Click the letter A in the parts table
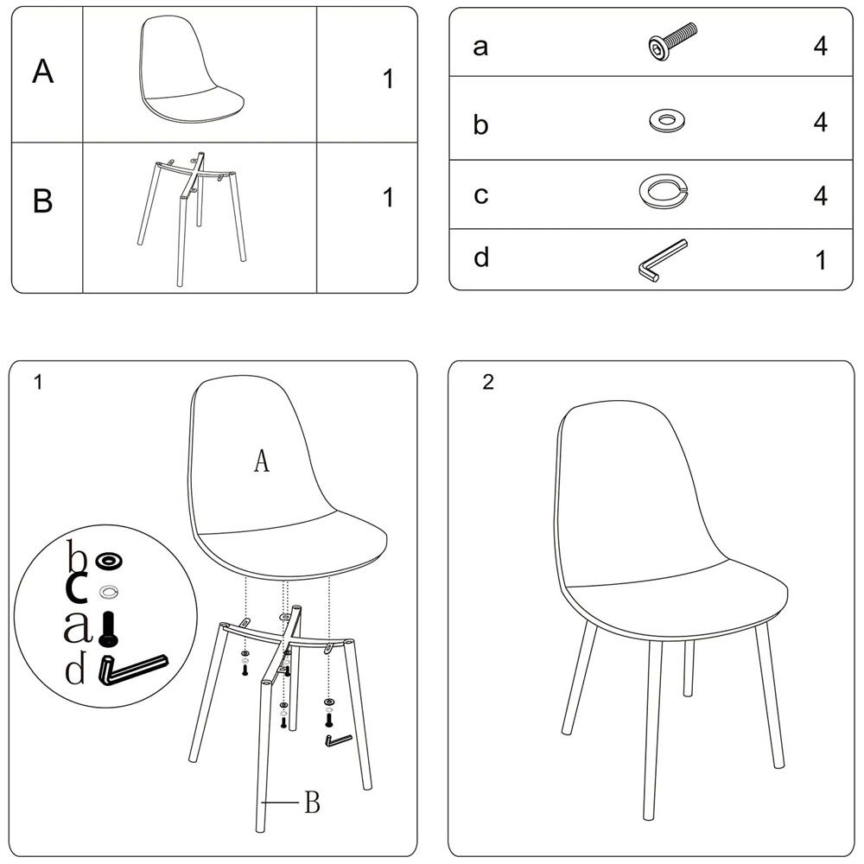pyautogui.click(x=43, y=71)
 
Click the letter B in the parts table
pyautogui.click(x=43, y=200)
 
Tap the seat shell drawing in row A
pyautogui.click(x=191, y=69)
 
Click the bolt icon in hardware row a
pyautogui.click(x=671, y=41)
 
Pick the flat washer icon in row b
pyautogui.click(x=667, y=120)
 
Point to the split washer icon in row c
pyautogui.click(x=664, y=191)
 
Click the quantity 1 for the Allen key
pyautogui.click(x=821, y=260)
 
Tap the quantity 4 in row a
pyautogui.click(x=821, y=47)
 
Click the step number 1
pyautogui.click(x=38, y=382)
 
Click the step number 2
pyautogui.click(x=488, y=382)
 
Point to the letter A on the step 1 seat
pyautogui.click(x=262, y=461)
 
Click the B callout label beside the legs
pyautogui.click(x=313, y=803)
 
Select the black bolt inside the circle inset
pyautogui.click(x=109, y=629)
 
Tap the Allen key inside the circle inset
pyautogui.click(x=132, y=669)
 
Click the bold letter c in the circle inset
pyautogui.click(x=76, y=589)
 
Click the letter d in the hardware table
pyautogui.click(x=481, y=257)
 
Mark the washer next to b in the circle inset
pyautogui.click(x=109, y=561)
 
